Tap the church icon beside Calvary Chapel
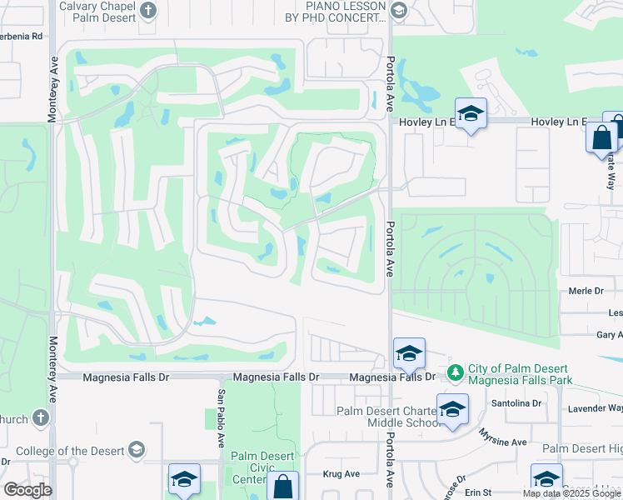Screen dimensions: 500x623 (148, 10)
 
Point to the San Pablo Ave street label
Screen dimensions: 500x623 (222, 417)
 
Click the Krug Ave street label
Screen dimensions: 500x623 (341, 473)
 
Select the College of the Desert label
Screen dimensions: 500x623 (70, 451)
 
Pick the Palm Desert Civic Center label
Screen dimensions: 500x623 (260, 467)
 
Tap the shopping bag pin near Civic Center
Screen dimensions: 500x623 (284, 487)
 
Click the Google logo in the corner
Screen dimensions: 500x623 (27, 490)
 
